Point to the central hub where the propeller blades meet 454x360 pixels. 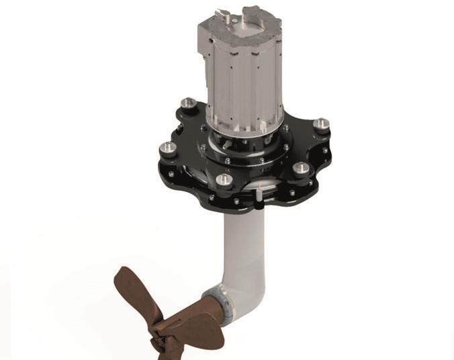coord(159,327)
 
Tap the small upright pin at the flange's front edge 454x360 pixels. coord(259,195)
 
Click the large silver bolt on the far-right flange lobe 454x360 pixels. coord(322,124)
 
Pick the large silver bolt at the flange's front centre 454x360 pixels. coord(224,180)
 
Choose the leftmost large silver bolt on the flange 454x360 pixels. coord(165,148)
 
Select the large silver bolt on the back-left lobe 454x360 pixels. coord(189,103)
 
